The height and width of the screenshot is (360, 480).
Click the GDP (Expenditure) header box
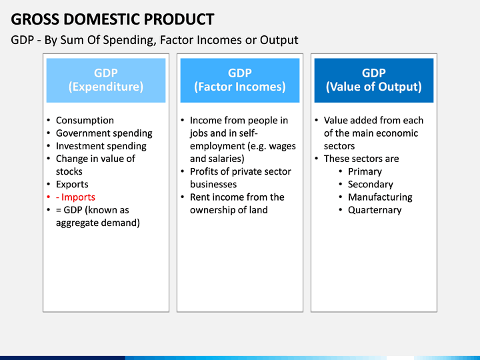[106, 80]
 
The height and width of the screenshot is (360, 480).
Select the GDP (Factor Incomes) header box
[240, 80]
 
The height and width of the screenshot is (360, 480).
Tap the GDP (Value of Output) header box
[374, 80]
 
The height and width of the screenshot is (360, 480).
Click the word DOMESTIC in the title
[101, 19]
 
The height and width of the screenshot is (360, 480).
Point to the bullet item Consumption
[85, 120]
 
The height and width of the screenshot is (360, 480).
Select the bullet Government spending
[104, 133]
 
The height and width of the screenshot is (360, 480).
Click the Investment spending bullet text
[101, 146]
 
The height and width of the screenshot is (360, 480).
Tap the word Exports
[72, 185]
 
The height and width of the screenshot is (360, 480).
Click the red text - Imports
[75, 197]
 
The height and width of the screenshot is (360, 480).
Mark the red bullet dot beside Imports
[49, 197]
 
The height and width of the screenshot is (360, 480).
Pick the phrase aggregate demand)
[98, 223]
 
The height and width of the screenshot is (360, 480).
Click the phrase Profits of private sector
[240, 171]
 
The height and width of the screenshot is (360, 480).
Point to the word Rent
[199, 197]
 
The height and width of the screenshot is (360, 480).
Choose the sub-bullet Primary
[365, 172]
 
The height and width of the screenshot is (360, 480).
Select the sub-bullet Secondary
[371, 184]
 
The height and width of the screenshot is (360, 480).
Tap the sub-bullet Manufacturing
[380, 197]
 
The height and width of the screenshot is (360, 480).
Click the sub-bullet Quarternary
[375, 210]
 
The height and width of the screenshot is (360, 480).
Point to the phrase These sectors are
[361, 159]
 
